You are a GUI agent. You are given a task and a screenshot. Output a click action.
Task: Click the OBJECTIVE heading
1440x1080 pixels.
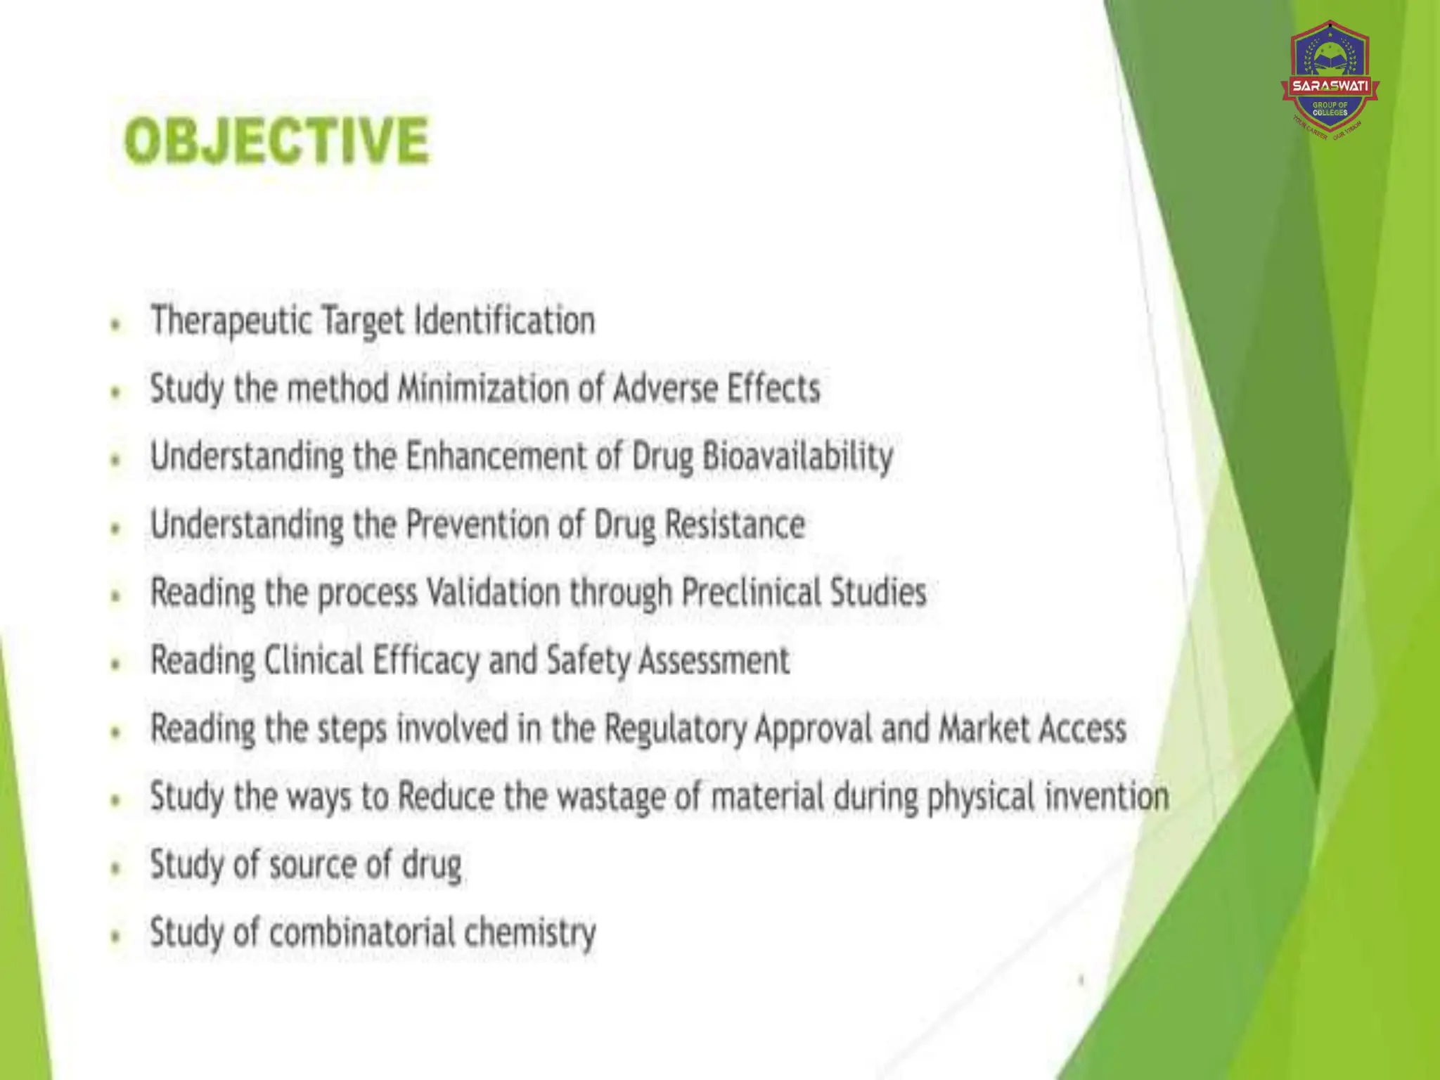point(276,141)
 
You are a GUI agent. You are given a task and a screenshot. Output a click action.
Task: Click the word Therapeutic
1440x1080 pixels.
point(231,321)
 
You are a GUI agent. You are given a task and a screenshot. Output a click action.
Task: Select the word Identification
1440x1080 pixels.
point(504,321)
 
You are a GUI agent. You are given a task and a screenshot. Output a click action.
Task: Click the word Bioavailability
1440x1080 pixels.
point(797,456)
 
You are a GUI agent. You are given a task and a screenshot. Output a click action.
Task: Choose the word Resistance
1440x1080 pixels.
point(734,525)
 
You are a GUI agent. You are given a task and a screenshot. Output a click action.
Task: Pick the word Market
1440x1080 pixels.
point(984,728)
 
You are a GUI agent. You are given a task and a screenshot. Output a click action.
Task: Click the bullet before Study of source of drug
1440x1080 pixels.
point(116,868)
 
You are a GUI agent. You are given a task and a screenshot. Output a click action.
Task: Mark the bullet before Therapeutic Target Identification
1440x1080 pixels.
point(116,324)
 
